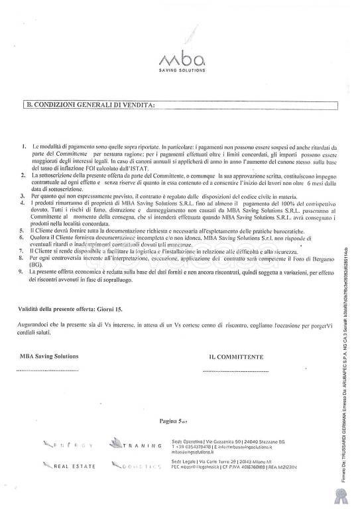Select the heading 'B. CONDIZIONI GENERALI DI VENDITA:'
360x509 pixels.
pyautogui.click(x=90, y=105)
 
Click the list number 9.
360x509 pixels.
pyautogui.click(x=25, y=272)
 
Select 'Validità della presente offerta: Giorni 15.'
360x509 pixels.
pyautogui.click(x=70, y=309)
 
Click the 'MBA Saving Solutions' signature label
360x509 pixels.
pyautogui.click(x=49, y=356)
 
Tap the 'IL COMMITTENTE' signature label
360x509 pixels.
pyautogui.click(x=236, y=357)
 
